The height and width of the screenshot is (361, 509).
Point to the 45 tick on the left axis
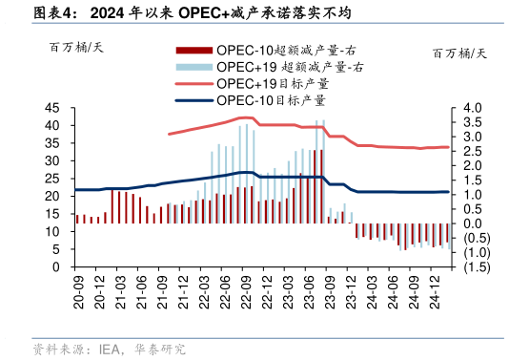pyautogui.click(x=55, y=109)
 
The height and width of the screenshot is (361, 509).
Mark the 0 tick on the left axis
pyautogui.click(x=59, y=267)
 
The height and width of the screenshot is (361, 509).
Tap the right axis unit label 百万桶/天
pyautogui.click(x=458, y=53)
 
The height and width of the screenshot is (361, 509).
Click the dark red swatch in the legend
pyautogui.click(x=193, y=50)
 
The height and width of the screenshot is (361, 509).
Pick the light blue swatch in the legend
pyautogui.click(x=193, y=67)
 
